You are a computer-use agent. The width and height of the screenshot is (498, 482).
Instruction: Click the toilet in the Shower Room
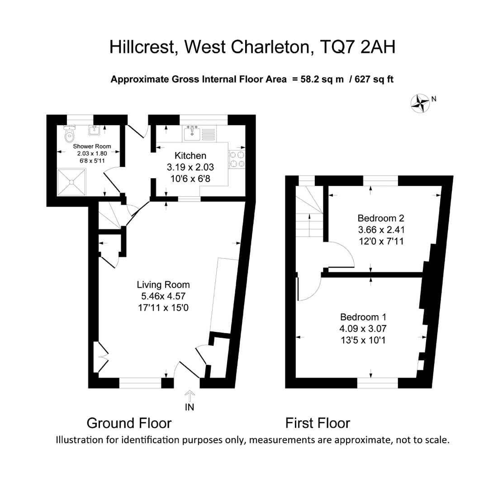coord(69,134)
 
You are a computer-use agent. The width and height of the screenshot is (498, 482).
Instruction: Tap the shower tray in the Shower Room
coord(72,182)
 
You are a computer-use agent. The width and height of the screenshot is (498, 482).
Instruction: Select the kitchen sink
coord(192,133)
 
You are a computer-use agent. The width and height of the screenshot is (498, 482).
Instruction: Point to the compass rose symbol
coord(420,103)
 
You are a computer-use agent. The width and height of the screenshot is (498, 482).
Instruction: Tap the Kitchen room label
coord(190,156)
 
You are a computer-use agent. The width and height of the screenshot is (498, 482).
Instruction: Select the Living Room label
coord(163,285)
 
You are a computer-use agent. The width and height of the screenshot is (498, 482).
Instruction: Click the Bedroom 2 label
coord(381,218)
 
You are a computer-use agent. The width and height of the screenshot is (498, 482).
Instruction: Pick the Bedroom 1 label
coord(363,317)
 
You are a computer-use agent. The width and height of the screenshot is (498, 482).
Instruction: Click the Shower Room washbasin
coord(95,130)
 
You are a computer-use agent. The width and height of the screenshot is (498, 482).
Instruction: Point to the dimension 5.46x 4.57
coord(163,296)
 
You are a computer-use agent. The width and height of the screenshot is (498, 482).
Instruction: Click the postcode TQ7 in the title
coord(338,47)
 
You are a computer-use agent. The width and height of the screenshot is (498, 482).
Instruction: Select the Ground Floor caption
coord(129,423)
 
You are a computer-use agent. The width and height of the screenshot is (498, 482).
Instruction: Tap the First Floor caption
coord(318,423)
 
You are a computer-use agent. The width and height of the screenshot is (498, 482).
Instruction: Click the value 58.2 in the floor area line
coord(310,79)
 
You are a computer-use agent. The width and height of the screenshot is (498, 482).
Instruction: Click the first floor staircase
coord(310,212)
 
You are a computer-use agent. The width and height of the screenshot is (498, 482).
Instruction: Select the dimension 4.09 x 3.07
coord(363,329)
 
